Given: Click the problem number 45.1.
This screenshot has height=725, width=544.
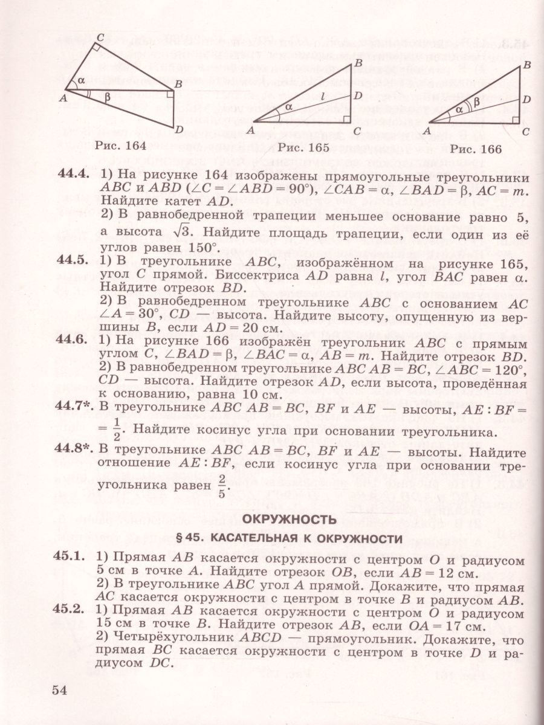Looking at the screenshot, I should pos(74,560).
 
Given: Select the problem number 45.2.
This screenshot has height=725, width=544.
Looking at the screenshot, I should pos(74,611).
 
